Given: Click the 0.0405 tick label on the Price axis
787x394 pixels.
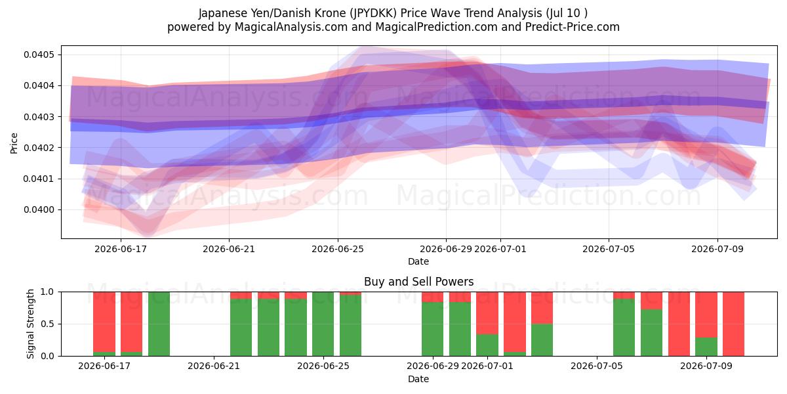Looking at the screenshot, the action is tap(39, 55).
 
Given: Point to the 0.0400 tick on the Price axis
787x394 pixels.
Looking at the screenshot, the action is tap(39, 210).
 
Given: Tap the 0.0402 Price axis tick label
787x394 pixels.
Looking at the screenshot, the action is tap(39, 148).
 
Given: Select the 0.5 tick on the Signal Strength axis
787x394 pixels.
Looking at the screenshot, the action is tap(48, 324).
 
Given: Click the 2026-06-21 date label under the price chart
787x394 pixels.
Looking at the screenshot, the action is tap(229, 249).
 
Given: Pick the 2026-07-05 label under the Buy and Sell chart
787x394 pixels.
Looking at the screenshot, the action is tap(597, 366).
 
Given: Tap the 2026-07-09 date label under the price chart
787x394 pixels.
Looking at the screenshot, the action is tap(717, 249).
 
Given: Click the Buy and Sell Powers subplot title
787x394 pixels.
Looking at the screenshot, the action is tap(419, 282).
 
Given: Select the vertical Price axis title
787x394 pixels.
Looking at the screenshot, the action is tap(14, 143).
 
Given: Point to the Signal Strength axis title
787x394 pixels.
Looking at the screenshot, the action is tap(31, 324).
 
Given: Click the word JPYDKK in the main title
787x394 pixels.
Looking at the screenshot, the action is tap(373, 13).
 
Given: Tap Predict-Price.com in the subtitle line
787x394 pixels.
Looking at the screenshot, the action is tap(573, 27).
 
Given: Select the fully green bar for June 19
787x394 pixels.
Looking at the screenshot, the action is tap(159, 324).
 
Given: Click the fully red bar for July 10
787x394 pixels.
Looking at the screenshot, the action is tap(734, 324).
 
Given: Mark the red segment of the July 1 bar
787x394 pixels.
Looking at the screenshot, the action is tap(487, 313).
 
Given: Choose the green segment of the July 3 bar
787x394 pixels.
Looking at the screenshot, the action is tap(542, 340).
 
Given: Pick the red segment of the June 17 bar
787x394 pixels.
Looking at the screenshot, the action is tap(104, 322).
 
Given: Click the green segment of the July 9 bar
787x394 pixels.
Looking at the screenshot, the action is tap(706, 347).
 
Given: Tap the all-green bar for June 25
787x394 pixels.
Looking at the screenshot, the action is tap(323, 324).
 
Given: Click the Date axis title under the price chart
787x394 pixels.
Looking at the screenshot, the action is tap(418, 261).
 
